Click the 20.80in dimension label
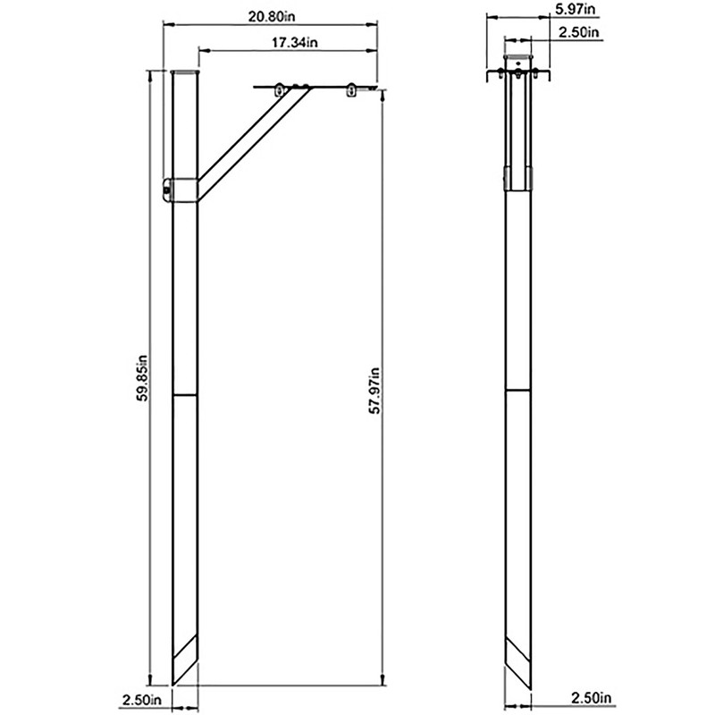coord(272,16)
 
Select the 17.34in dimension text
coord(295,42)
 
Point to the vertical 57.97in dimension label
coord(374,390)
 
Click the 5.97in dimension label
coord(575,10)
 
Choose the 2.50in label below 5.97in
coord(578,32)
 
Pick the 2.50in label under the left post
coord(142,700)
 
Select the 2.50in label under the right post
coord(591,698)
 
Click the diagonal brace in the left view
coord(254,145)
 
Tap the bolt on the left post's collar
coord(167,189)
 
